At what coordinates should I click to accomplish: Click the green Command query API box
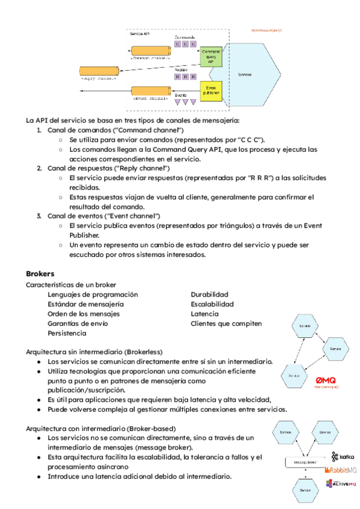coord(211,58)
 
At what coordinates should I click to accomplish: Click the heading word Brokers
coord(40,273)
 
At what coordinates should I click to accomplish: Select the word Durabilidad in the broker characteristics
coord(209,295)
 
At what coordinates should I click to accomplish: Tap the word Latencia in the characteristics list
coord(205,314)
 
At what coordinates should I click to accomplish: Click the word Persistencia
coord(67,333)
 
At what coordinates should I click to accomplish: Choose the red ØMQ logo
coord(327,380)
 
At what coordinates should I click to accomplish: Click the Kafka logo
coord(343,457)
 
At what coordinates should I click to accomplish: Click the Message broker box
coord(306,463)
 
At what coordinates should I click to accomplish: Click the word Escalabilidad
coord(212,304)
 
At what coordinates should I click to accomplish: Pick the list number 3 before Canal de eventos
coord(39,215)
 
